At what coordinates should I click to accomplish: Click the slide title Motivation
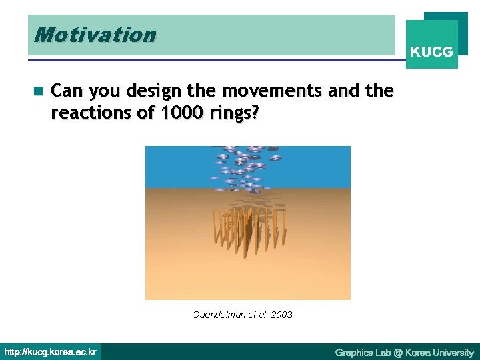coord(95,35)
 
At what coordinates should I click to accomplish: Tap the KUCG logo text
coord(431,51)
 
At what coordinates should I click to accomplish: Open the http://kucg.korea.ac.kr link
coord(51,352)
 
